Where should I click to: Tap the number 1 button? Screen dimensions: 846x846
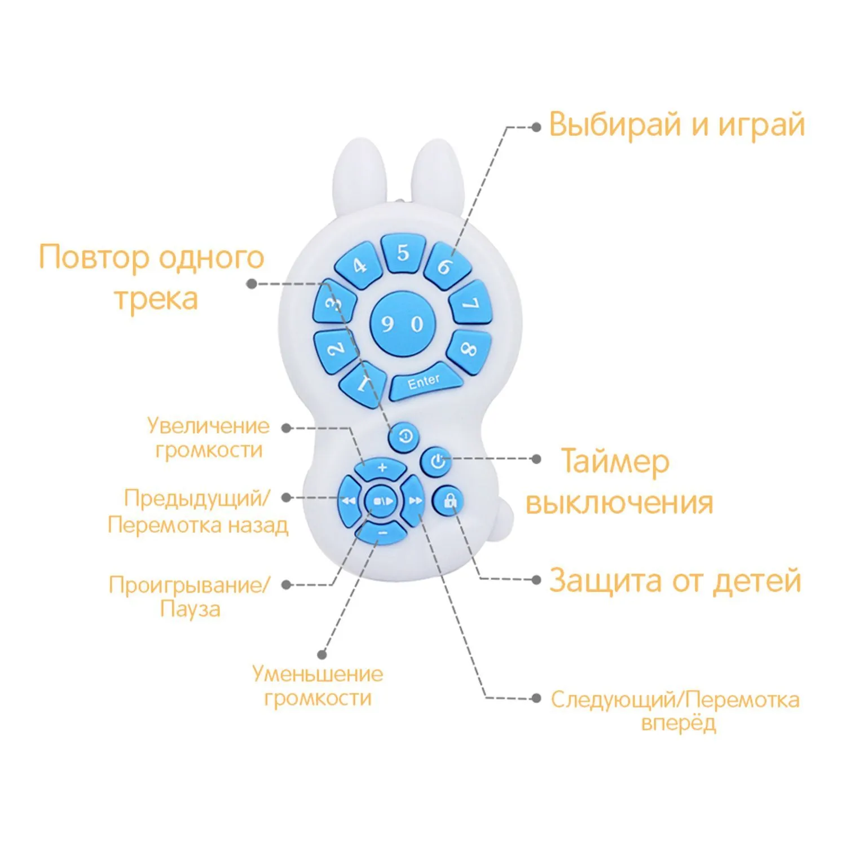pyautogui.click(x=363, y=384)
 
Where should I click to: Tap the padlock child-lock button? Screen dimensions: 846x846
pyautogui.click(x=450, y=500)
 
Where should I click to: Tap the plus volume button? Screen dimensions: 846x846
pyautogui.click(x=382, y=468)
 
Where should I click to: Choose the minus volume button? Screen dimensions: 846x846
pyautogui.click(x=382, y=533)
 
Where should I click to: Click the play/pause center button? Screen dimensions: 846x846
pyautogui.click(x=382, y=501)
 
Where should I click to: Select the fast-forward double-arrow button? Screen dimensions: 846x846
pyautogui.click(x=415, y=501)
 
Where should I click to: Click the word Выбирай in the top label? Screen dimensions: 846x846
pyautogui.click(x=615, y=125)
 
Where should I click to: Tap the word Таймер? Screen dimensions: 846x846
pyautogui.click(x=615, y=462)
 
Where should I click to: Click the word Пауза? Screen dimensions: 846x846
pyautogui.click(x=190, y=609)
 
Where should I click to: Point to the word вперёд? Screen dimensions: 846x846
pyautogui.click(x=678, y=723)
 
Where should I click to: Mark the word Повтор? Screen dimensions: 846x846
pyautogui.click(x=93, y=258)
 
